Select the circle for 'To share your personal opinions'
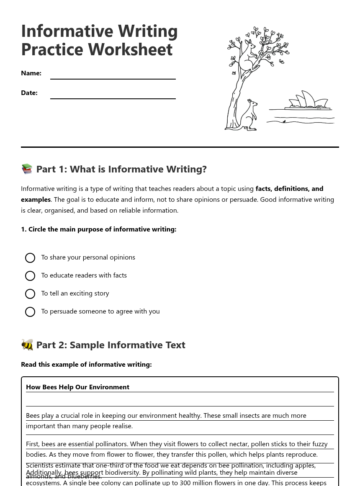pyautogui.click(x=30, y=258)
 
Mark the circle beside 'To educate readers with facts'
pyautogui.click(x=30, y=276)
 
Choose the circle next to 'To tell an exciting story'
pyautogui.click(x=30, y=294)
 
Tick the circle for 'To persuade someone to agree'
pyautogui.click(x=30, y=312)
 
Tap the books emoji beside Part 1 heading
pyautogui.click(x=27, y=169)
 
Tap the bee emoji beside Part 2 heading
pyautogui.click(x=27, y=345)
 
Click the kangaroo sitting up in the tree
pyautogui.click(x=248, y=57)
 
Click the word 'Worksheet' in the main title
pyautogui.click(x=131, y=49)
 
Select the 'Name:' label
pyautogui.click(x=31, y=73)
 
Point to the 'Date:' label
pyautogui.click(x=29, y=93)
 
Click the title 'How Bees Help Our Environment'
pyautogui.click(x=77, y=387)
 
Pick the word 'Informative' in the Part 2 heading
pyautogui.click(x=130, y=345)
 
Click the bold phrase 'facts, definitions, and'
pyautogui.click(x=289, y=189)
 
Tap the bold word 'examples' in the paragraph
pyautogui.click(x=36, y=200)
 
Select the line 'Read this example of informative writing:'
pyautogui.click(x=86, y=365)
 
